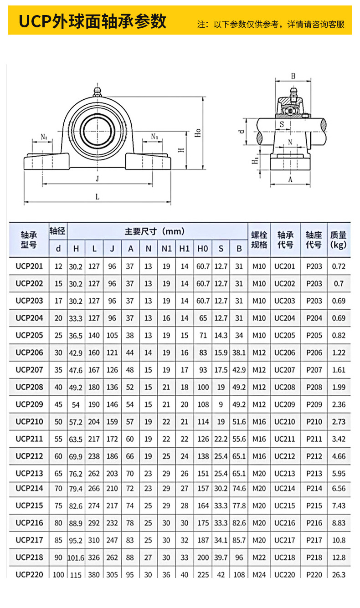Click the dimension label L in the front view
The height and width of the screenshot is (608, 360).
[97, 197]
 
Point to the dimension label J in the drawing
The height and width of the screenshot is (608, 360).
[97, 179]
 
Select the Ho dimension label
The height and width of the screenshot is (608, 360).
[198, 133]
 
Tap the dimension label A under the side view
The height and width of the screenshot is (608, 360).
[290, 179]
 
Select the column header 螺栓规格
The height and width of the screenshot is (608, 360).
[259, 240]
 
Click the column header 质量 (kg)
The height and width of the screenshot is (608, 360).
[339, 240]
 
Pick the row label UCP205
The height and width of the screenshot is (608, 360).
[29, 335]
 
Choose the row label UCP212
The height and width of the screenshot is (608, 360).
[29, 456]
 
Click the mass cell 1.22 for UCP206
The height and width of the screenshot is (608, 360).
[339, 353]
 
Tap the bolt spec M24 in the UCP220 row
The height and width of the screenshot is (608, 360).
[259, 575]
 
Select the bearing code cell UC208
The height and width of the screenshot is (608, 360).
[285, 387]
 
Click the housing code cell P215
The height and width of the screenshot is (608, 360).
[314, 506]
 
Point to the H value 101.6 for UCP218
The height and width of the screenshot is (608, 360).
[76, 557]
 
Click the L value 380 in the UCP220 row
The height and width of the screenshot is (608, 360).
[94, 575]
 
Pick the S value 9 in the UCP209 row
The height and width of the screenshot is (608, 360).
[221, 404]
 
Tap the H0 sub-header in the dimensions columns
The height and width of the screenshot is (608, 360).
[203, 249]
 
